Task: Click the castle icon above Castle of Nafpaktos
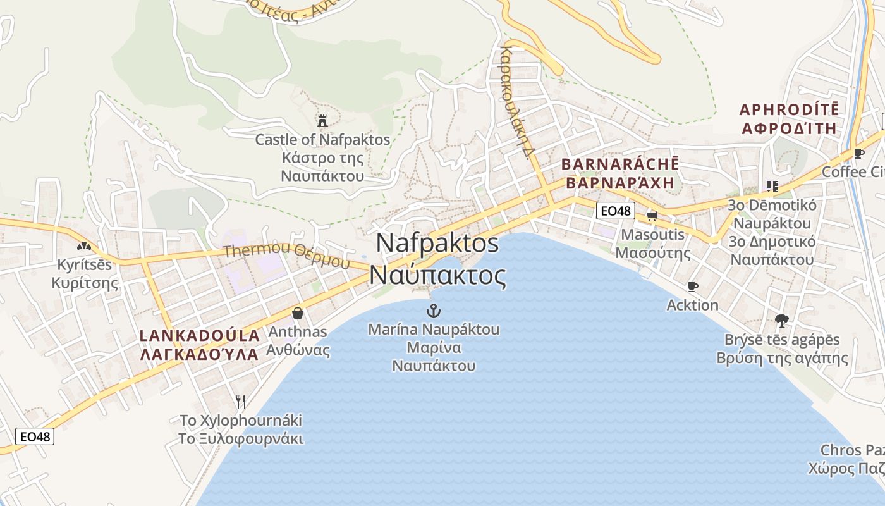[322, 120]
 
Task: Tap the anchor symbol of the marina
[434, 310]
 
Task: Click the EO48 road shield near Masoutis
[615, 211]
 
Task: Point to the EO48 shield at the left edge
[35, 436]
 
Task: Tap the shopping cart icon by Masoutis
[652, 216]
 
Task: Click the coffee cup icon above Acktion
[693, 287]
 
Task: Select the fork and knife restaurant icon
[240, 401]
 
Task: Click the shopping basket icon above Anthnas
[298, 313]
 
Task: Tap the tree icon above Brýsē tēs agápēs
[782, 321]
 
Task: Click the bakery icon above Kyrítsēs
[84, 245]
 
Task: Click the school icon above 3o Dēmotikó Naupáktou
[772, 186]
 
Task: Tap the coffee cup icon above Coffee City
[858, 153]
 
